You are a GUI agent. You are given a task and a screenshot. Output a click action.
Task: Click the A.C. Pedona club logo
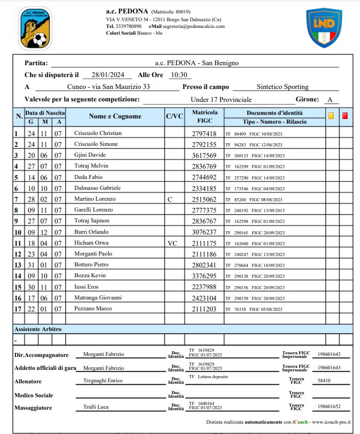(x=35, y=28)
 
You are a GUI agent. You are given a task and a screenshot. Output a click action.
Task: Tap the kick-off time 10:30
(x=178, y=75)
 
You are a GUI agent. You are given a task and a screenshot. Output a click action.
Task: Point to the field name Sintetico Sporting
(x=282, y=87)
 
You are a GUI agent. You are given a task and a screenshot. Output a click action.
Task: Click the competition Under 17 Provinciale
(x=221, y=99)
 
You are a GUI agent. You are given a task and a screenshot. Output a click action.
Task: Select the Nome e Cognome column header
(x=115, y=116)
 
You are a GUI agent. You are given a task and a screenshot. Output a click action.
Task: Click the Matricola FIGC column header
(x=204, y=116)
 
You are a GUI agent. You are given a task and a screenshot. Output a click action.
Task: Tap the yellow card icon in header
(x=331, y=116)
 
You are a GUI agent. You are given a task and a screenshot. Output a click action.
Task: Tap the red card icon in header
(x=345, y=116)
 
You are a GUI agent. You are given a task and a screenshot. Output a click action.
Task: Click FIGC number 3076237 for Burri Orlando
(x=204, y=232)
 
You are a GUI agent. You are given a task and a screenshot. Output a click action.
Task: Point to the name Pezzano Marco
(x=93, y=309)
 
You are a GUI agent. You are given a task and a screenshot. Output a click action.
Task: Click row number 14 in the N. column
(x=18, y=276)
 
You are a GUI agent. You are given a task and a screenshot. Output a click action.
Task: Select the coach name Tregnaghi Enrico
(x=103, y=381)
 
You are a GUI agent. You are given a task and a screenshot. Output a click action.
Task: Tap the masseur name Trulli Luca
(x=96, y=407)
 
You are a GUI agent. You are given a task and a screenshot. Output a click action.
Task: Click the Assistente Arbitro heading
(x=38, y=329)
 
